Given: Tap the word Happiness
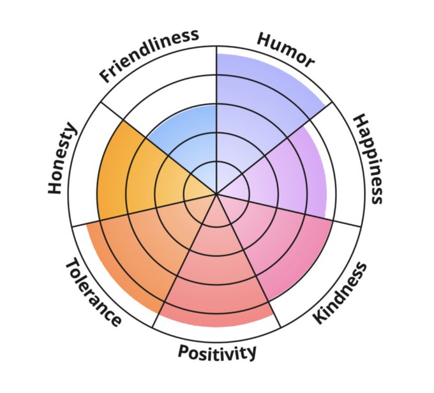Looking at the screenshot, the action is pos(368,159).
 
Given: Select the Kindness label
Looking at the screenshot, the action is pos(342,293).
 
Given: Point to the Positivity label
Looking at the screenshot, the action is pos(217,352).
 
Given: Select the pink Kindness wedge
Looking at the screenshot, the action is pos(281,236).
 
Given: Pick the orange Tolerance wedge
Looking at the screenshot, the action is pos(140,249).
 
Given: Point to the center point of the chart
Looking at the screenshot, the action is pos(217,193).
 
